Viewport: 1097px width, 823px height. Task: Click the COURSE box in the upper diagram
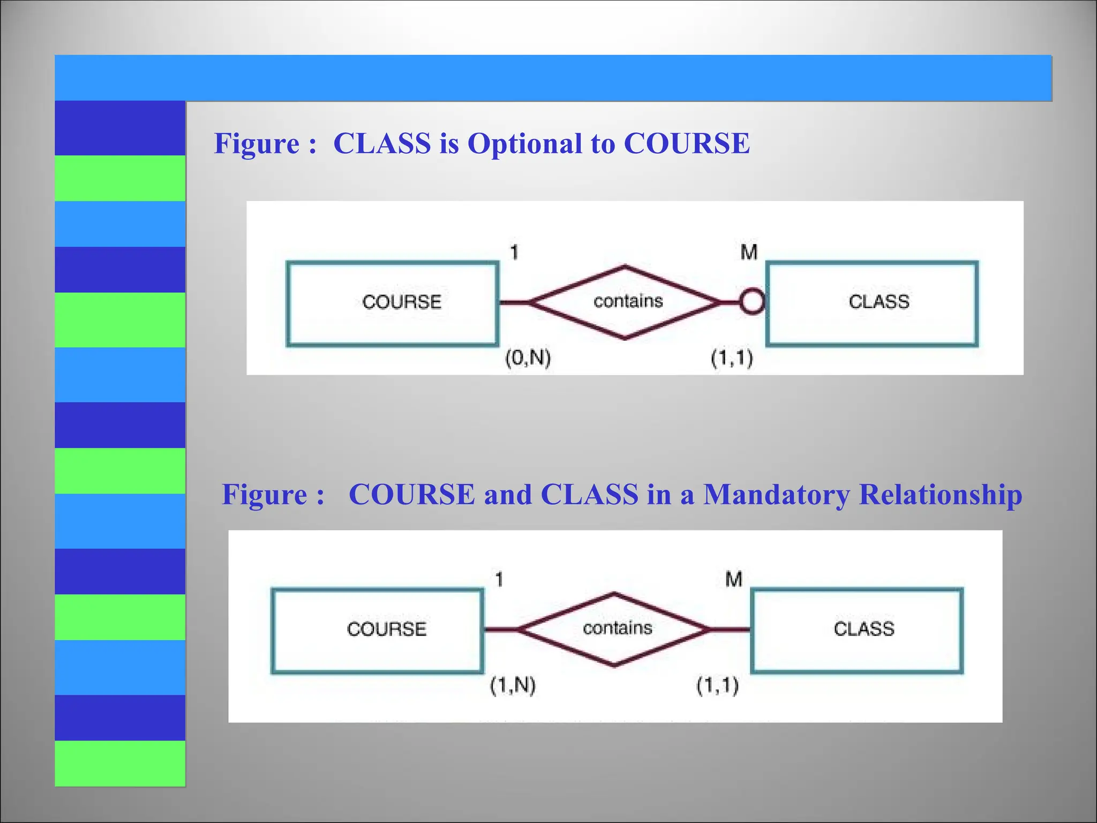click(393, 303)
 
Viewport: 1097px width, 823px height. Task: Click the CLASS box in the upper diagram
click(872, 303)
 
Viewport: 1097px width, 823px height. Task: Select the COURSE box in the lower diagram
click(378, 630)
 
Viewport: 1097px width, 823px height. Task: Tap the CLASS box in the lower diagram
click(857, 630)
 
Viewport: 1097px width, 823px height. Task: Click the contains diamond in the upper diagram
click(626, 302)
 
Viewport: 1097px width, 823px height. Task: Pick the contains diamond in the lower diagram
click(615, 630)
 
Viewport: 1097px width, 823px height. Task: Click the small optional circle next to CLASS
click(753, 303)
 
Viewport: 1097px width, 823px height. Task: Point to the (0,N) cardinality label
click(528, 358)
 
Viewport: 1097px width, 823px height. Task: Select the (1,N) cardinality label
click(513, 685)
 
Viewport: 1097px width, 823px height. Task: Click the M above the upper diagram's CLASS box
click(749, 252)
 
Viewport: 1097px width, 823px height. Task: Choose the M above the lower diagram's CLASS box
click(734, 579)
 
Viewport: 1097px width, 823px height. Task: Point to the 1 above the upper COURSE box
click(514, 252)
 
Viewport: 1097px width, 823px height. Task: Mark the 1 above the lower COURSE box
click(499, 579)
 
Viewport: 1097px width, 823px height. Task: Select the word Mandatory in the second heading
click(776, 494)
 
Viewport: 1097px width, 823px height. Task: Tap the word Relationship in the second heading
click(941, 494)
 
